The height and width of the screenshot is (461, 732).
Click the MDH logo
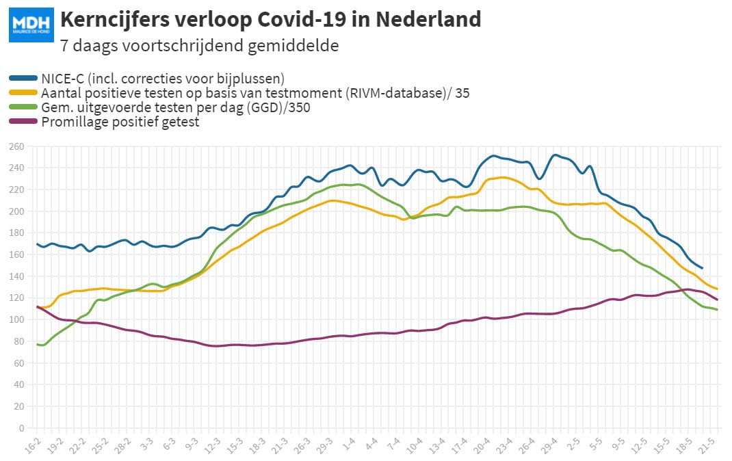(x=31, y=25)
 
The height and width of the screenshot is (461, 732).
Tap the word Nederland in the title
(x=428, y=20)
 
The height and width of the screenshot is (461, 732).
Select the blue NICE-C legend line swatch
(x=23, y=78)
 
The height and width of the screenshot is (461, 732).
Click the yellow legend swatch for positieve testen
(x=23, y=93)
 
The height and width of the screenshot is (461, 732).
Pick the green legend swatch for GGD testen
(x=23, y=107)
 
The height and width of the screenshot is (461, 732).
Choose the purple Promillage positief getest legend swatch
(x=23, y=122)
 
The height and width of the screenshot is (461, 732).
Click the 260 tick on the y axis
(x=16, y=146)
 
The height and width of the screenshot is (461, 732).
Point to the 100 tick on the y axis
(x=16, y=319)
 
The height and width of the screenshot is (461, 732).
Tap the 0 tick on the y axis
(x=21, y=428)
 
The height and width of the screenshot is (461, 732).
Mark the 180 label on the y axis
(x=16, y=233)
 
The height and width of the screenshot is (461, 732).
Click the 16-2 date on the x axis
(x=32, y=446)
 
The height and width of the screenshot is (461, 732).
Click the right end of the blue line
(x=702, y=268)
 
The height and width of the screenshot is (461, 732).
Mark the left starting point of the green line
(x=37, y=344)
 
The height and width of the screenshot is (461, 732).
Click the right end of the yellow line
(x=716, y=289)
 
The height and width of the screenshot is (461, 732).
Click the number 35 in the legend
(x=462, y=93)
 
